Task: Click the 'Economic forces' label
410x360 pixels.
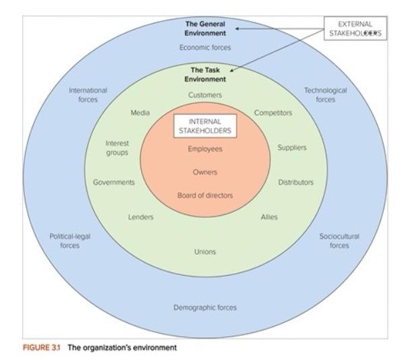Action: [x=205, y=47]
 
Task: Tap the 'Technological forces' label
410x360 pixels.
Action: [x=325, y=94]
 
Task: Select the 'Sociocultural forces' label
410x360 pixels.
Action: [x=339, y=241]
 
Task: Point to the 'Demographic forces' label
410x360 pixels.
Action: [x=205, y=307]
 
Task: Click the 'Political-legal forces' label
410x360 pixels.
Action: [x=69, y=241]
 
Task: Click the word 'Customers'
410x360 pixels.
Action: [x=205, y=95]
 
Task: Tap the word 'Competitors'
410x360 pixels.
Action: [x=273, y=113]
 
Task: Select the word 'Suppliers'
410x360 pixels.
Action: [x=292, y=148]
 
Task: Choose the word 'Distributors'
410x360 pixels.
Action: [x=295, y=182]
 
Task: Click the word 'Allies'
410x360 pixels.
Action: [x=269, y=216]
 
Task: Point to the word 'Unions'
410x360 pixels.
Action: [x=205, y=251]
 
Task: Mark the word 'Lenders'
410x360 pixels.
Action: [x=141, y=216]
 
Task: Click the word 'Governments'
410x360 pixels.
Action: [x=114, y=182]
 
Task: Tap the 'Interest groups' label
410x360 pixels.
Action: [x=117, y=148]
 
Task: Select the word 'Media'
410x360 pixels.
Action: [x=140, y=113]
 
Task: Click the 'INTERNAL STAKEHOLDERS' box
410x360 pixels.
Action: [x=205, y=125]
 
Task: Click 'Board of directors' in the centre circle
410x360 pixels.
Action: [x=205, y=195]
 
